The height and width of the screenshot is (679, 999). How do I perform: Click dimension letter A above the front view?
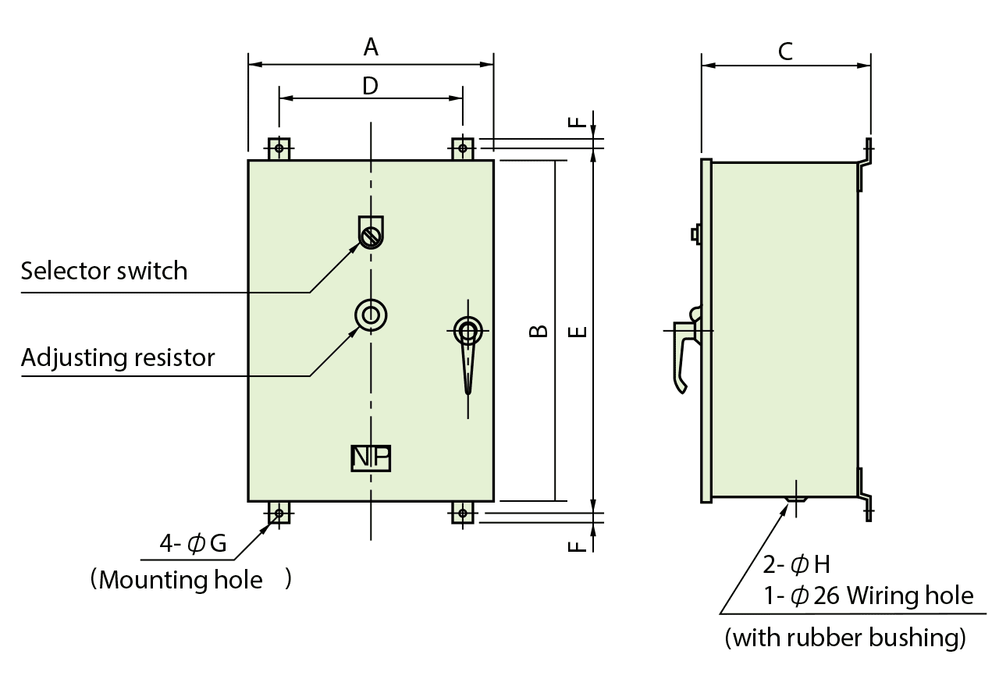(371, 48)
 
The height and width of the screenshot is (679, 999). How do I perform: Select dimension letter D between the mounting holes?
(370, 86)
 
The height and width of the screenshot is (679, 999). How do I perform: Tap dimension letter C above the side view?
(786, 52)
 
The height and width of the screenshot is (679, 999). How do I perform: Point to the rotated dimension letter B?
(538, 331)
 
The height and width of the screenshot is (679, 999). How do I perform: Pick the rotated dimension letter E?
(578, 332)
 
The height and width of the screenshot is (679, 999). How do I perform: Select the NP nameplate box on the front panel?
(371, 458)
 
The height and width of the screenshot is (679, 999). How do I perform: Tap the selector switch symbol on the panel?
(371, 233)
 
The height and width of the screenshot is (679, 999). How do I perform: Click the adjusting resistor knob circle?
(372, 315)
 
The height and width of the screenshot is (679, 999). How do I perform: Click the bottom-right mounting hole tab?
(463, 513)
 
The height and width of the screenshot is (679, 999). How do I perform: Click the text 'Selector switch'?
(104, 272)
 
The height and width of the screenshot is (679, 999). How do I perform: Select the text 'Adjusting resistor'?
(117, 358)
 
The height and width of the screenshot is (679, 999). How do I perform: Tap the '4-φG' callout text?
(193, 544)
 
